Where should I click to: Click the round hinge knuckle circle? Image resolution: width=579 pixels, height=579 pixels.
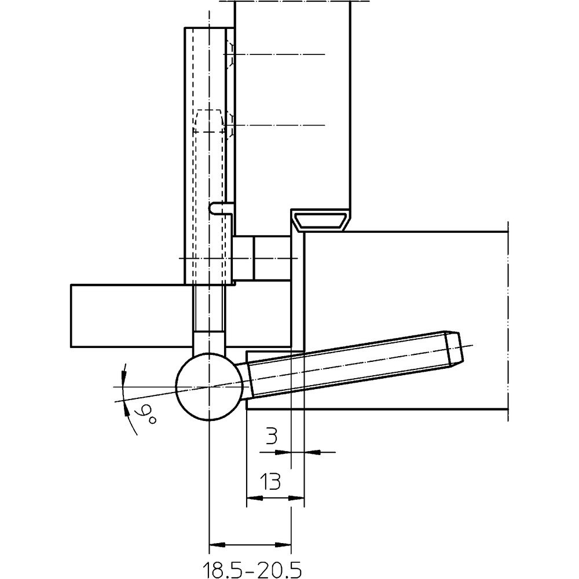[208, 386]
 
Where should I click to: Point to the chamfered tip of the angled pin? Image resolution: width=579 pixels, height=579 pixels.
[455, 349]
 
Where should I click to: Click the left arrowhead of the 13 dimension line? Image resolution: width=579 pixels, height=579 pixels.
[252, 497]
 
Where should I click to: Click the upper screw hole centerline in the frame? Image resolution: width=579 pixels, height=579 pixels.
[278, 54]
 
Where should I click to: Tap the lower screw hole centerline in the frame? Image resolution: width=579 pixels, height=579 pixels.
[278, 125]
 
